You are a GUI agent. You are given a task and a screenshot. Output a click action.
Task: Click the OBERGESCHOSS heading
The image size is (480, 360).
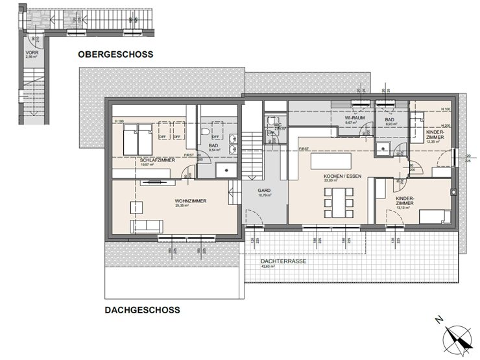[115, 54]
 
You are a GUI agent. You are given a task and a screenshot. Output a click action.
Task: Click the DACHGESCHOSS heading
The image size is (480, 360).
[142, 310]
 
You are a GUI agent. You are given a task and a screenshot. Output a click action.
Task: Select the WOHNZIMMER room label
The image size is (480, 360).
[190, 201]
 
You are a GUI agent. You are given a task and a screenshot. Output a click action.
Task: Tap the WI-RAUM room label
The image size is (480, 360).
[353, 117]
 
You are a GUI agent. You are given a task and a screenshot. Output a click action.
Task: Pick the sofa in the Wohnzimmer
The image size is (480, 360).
[147, 226]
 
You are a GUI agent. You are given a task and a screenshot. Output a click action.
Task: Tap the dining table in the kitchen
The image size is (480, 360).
[337, 202]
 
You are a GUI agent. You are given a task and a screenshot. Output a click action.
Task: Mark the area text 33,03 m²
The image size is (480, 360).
[332, 181]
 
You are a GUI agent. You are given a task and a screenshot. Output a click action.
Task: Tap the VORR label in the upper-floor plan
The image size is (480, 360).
[31, 52]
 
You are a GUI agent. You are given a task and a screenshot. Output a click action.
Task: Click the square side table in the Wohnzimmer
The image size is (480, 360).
[136, 207]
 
